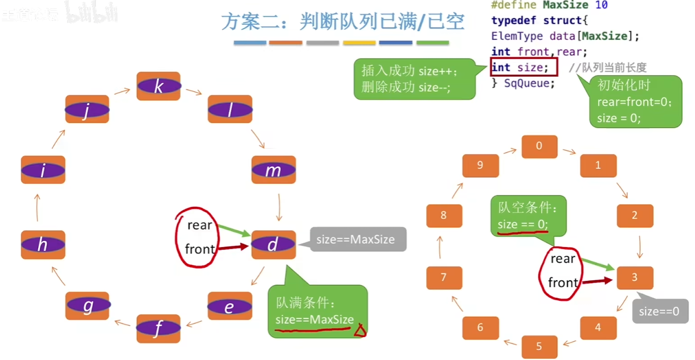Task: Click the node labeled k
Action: (x=158, y=86)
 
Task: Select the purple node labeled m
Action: (x=273, y=170)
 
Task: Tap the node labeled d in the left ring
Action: (x=273, y=245)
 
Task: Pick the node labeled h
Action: (x=43, y=244)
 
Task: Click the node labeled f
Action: (x=158, y=328)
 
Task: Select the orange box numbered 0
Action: (x=539, y=146)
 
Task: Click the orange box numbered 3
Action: (x=635, y=278)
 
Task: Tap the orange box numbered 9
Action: (x=480, y=165)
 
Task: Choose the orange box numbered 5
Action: (x=539, y=346)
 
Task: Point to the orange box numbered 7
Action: (x=444, y=278)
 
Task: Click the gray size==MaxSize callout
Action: (x=355, y=239)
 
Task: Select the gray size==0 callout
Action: (x=659, y=312)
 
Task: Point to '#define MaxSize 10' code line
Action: (x=549, y=5)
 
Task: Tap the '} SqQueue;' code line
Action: (x=523, y=83)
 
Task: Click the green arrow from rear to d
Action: (x=232, y=230)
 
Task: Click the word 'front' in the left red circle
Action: (x=199, y=249)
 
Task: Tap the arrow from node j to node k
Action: (x=121, y=91)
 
